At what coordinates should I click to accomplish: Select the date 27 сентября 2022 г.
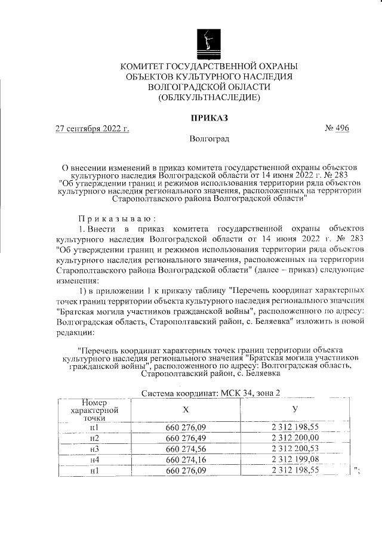pyautogui.click(x=92, y=128)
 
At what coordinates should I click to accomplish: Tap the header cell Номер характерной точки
pyautogui.click(x=94, y=411)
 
